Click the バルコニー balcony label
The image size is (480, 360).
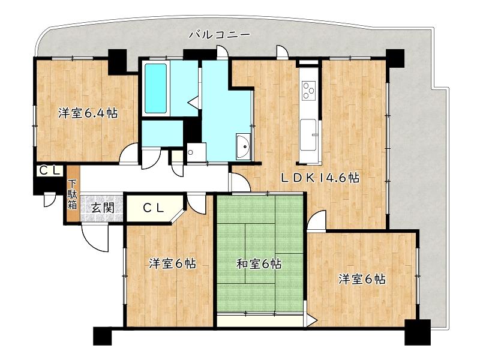pos(219,35)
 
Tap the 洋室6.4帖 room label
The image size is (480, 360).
pos(88,113)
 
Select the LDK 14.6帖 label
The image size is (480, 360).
pos(320,178)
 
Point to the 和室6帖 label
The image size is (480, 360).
pos(259,263)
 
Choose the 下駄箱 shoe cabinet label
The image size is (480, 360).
pos(72,194)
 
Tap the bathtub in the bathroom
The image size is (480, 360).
pos(156,88)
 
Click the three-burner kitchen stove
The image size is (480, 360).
pos(309,90)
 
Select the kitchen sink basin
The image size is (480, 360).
pos(308,134)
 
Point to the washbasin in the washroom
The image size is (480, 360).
pos(244,146)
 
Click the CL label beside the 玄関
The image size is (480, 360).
pos(154,208)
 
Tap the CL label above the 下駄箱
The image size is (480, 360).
pos(50,171)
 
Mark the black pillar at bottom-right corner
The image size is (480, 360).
pos(418,332)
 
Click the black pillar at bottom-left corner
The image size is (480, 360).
pos(103,336)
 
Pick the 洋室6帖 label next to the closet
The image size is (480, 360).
pos(173,263)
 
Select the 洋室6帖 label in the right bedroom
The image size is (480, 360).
pos(362,279)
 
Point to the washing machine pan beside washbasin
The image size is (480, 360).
pos(196,152)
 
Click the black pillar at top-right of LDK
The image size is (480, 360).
pos(395,58)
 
